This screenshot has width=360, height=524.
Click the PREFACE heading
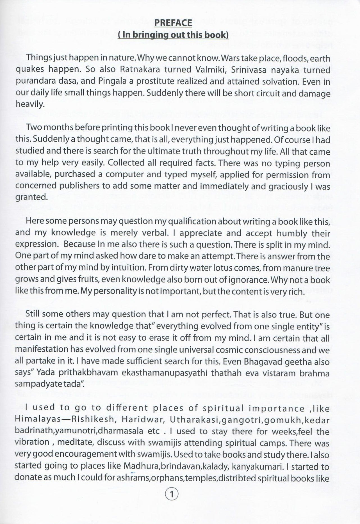point(173,23)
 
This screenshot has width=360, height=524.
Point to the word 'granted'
point(31,198)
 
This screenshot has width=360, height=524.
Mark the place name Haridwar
point(140,420)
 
